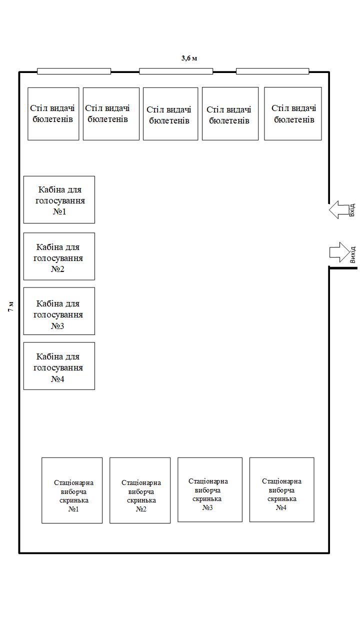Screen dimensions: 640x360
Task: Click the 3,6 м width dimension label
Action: pos(189,58)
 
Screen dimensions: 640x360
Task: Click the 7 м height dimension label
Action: pos(10,307)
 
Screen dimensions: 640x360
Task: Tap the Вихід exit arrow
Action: pos(339,252)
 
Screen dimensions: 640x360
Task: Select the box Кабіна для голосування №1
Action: pos(59,199)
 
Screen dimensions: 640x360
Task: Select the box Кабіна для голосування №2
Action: pos(59,256)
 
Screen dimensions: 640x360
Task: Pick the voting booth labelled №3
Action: pos(59,311)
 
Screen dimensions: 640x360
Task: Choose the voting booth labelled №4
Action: pos(59,366)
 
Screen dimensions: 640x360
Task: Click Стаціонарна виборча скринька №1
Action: pos(72,490)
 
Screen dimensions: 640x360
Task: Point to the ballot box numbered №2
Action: pos(140,490)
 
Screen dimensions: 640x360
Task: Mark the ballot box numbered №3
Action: pos(210,489)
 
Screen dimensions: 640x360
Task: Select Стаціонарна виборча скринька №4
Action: pos(282,489)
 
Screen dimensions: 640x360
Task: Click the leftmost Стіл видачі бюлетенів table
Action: pos(53,114)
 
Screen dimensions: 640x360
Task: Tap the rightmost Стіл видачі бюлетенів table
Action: pos(293,114)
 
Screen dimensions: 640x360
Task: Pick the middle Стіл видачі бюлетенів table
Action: pos(170,114)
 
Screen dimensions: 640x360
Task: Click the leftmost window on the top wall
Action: pos(74,71)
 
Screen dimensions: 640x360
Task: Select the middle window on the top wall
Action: pos(176,71)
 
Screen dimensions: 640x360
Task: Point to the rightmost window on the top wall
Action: pos(272,71)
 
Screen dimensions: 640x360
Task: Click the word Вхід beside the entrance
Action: pos(352,210)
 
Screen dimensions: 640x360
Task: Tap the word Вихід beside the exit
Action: pos(352,254)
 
